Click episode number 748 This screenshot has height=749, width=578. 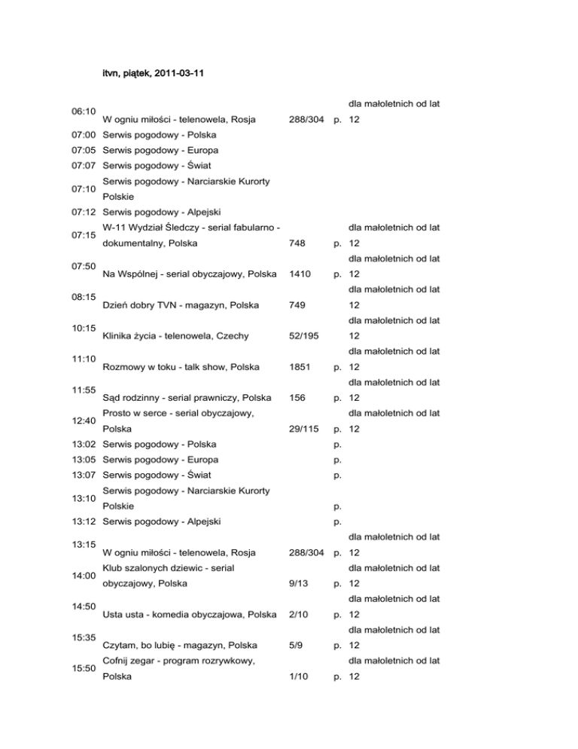pos(298,243)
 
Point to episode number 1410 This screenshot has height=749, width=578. pos(301,274)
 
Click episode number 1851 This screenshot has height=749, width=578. pos(301,367)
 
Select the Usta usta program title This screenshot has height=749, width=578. pos(189,614)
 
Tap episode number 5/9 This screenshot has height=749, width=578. pos(296,645)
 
